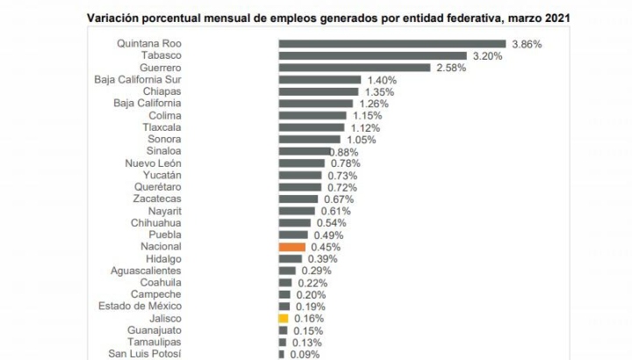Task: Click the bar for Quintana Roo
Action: coord(391,44)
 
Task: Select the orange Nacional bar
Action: coord(291,247)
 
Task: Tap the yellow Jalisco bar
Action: coord(283,318)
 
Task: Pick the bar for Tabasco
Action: coord(373,55)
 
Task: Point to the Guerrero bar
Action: coord(354,68)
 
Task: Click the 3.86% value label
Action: coord(528,44)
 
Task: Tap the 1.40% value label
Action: coord(382,80)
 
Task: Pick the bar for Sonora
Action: coord(310,139)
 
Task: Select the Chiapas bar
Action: coord(319,91)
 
